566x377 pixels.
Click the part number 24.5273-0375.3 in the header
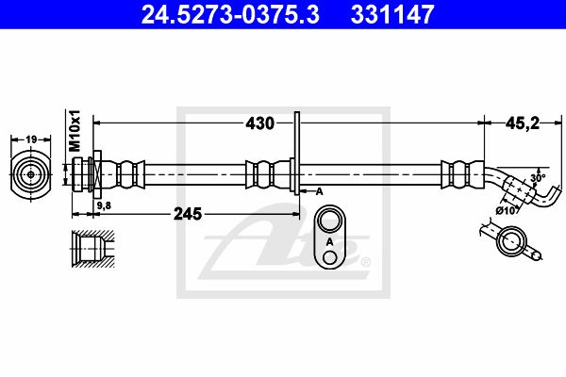pos(230,14)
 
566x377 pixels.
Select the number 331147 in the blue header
pos(392,14)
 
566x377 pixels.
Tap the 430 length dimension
pos(260,123)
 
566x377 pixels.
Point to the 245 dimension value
pos(188,214)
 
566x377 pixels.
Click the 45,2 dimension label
pos(523,123)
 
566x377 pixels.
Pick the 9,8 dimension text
pos(104,205)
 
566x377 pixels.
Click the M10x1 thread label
pos(75,131)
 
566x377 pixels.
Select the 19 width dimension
pos(31,139)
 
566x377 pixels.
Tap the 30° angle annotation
pos(538,178)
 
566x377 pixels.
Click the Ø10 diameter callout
pos(506,211)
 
